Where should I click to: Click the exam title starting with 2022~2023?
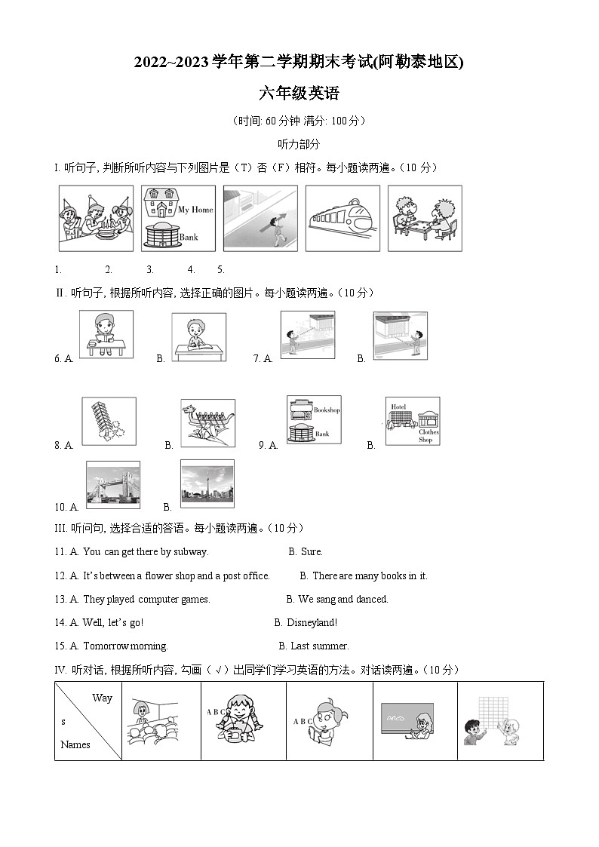pos(299,63)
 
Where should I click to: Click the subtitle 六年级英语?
pos(299,94)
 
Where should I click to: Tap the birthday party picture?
pos(96,219)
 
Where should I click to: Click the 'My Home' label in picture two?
pos(195,210)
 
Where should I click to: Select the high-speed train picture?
pos(343,219)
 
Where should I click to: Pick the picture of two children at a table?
pos(424,219)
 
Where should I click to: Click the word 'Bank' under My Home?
pos(189,238)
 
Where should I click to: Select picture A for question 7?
pos(308,333)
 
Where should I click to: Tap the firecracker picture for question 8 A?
pos(109,422)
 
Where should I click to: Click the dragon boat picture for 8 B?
pos(207,423)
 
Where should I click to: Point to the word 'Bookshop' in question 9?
pos(327,410)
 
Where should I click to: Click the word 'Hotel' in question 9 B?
pos(398,407)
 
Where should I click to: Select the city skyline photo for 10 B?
pos(207,483)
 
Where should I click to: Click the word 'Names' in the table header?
pos(75,745)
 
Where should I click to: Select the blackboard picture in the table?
pos(415,721)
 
